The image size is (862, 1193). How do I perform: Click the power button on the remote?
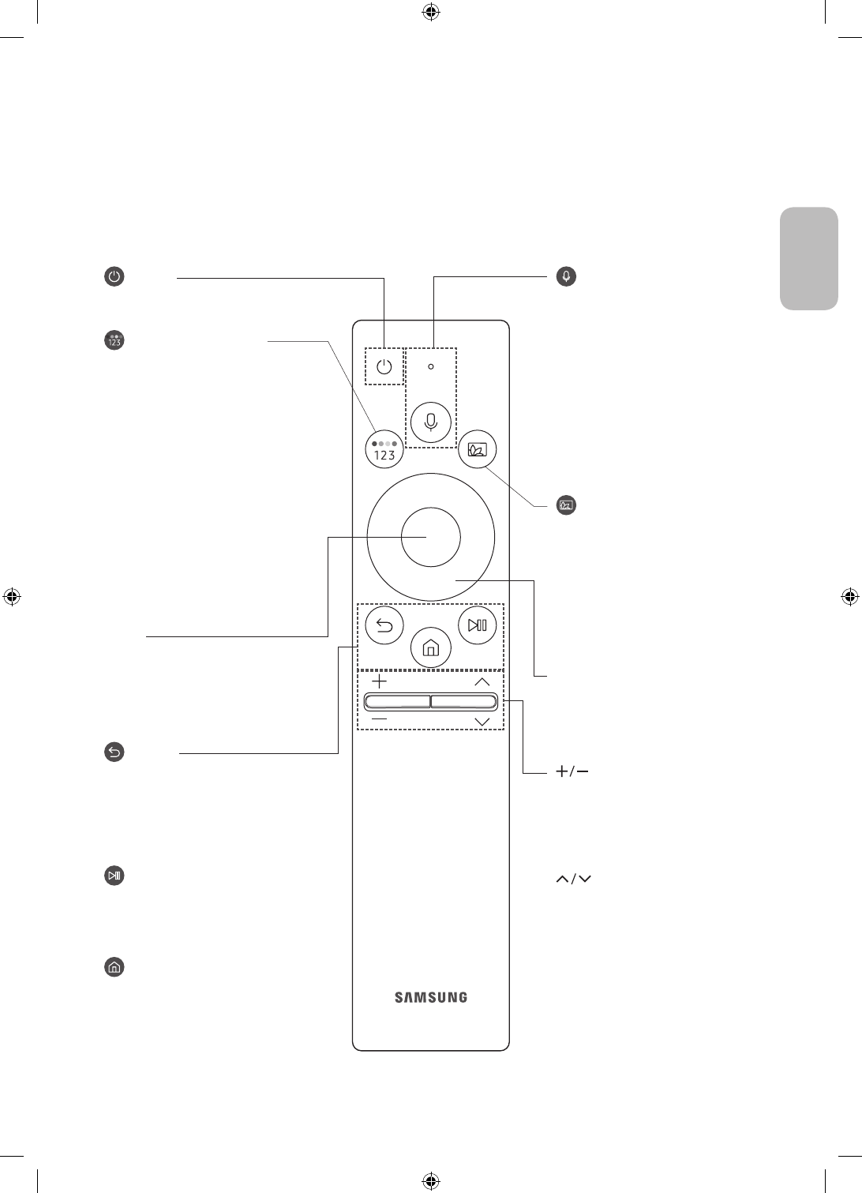click(384, 367)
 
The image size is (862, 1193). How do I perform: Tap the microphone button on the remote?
click(431, 422)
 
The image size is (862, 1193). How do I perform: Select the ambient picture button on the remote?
click(478, 450)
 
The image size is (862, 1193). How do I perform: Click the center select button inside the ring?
click(430, 537)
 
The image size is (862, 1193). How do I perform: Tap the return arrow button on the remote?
click(384, 626)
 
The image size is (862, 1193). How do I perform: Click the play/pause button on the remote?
click(478, 626)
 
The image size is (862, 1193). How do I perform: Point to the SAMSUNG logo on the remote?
click(431, 997)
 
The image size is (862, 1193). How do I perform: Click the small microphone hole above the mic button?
click(431, 366)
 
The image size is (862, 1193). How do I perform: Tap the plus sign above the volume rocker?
click(380, 681)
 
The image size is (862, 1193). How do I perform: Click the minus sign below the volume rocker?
click(380, 720)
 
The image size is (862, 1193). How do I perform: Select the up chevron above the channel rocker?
click(482, 682)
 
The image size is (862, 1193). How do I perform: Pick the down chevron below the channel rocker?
click(482, 722)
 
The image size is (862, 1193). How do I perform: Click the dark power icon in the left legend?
click(114, 277)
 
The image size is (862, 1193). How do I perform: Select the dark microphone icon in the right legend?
click(566, 276)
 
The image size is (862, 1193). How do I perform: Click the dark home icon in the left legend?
click(114, 967)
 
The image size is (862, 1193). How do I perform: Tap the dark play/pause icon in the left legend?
click(114, 876)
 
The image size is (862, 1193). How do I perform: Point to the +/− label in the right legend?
click(572, 772)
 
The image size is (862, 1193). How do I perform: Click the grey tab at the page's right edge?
click(809, 259)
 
